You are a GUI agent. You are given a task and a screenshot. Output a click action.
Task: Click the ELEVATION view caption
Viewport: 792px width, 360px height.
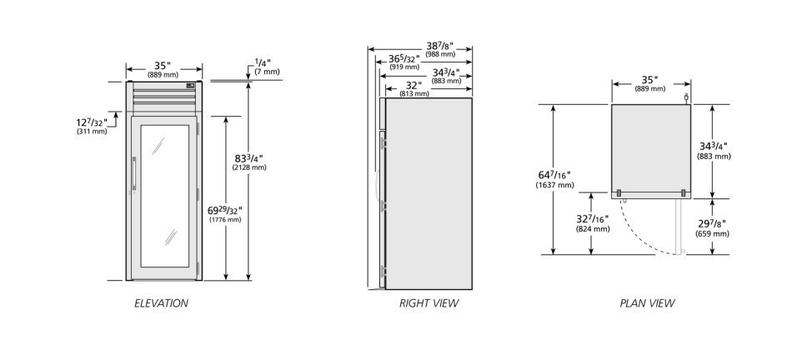(161, 303)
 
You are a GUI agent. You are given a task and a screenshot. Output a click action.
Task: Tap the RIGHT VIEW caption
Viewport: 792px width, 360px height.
(429, 303)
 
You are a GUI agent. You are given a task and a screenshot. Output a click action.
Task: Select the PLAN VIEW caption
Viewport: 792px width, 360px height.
(647, 303)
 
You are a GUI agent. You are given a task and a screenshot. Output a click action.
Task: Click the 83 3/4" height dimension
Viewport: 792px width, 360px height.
(249, 161)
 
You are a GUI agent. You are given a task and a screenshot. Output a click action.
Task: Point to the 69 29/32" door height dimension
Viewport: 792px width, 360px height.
(225, 213)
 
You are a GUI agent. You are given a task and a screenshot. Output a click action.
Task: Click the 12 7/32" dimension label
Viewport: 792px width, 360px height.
(92, 126)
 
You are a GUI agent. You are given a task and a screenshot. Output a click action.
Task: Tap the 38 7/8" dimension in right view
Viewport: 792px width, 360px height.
(440, 48)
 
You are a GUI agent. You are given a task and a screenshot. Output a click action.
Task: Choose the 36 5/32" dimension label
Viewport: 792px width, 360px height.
(404, 62)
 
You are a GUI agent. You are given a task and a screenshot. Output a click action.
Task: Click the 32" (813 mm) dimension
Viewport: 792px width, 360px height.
(414, 89)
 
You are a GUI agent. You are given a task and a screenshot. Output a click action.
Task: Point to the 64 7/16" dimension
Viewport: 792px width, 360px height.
(554, 179)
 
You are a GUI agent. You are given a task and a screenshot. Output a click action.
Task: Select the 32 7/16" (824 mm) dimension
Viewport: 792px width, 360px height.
(593, 223)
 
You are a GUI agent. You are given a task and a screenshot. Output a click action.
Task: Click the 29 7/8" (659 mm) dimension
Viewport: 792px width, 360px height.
(712, 227)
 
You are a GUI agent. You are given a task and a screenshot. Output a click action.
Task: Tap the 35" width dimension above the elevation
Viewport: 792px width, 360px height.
(163, 69)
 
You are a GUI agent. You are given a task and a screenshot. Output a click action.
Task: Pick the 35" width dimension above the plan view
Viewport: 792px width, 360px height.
(650, 83)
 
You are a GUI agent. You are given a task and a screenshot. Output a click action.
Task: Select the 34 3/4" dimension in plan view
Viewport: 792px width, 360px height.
(714, 151)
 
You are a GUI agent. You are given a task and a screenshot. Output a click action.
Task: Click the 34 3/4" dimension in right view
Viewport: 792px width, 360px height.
(447, 76)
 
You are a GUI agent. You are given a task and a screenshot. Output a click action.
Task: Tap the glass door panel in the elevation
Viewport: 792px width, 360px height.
(165, 196)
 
